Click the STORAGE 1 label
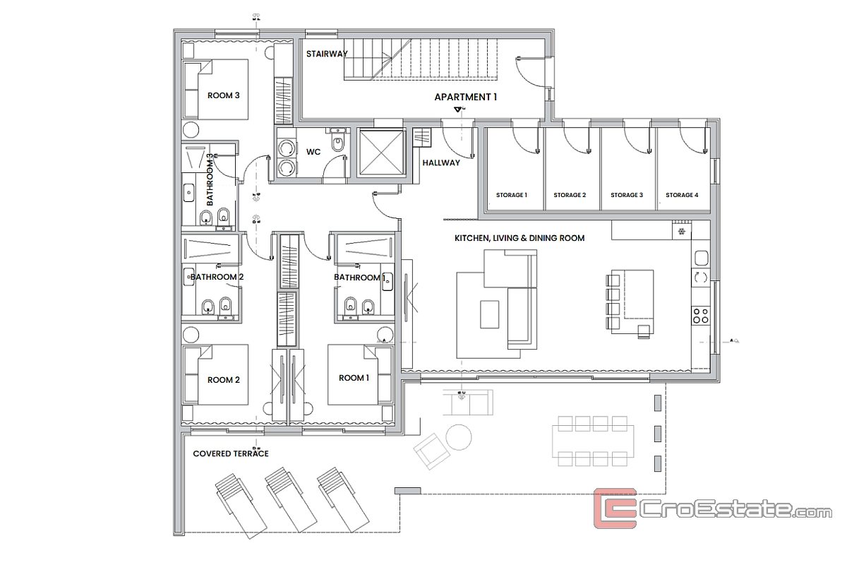click(511, 195)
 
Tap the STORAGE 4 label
click(682, 195)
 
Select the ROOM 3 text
click(223, 95)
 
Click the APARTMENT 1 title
click(465, 97)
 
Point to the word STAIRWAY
click(327, 54)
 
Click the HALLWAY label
click(441, 162)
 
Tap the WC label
click(313, 152)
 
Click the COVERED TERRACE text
click(231, 453)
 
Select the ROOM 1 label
click(354, 378)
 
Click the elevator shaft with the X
click(381, 153)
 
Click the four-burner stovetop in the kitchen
click(700, 316)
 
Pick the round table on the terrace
click(458, 437)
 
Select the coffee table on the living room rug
click(490, 314)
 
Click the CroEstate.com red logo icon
click(615, 509)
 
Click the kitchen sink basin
click(701, 258)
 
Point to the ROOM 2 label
click(224, 380)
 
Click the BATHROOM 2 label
click(217, 277)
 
